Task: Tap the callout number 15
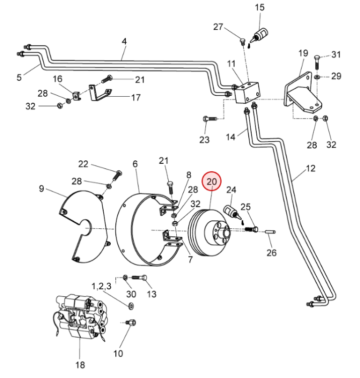(259, 8)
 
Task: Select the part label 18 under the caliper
(80, 364)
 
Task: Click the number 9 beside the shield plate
(41, 189)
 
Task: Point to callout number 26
(271, 253)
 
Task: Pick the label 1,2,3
(101, 286)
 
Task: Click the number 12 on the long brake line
(310, 168)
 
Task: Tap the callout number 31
(336, 55)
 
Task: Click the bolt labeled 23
(209, 118)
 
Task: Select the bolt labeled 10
(131, 322)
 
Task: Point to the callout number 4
(124, 41)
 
